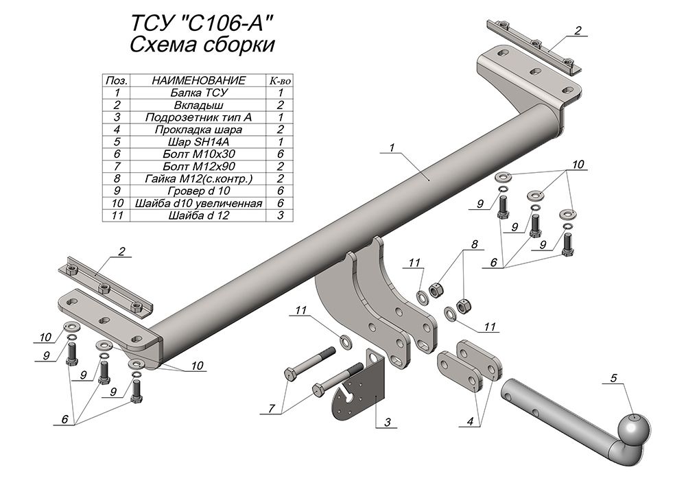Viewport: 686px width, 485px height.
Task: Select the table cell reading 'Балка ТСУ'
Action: (199, 93)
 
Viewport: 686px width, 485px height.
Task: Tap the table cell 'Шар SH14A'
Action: (199, 142)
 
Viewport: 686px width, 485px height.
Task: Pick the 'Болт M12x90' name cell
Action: (199, 166)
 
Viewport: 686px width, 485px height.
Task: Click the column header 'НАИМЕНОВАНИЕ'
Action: (199, 80)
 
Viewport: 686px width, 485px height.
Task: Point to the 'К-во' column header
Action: (280, 80)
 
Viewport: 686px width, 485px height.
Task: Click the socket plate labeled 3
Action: (359, 387)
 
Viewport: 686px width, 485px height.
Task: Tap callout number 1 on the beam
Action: (392, 147)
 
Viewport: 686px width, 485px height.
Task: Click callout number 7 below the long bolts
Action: (272, 408)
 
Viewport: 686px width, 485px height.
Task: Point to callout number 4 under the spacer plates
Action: (471, 422)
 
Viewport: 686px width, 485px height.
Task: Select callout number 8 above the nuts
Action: (475, 244)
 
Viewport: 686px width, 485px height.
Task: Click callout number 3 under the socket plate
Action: (388, 422)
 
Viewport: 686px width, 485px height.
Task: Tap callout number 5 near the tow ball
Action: (614, 377)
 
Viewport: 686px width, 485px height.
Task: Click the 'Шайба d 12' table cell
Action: (199, 215)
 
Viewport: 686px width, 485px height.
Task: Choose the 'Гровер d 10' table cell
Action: (199, 191)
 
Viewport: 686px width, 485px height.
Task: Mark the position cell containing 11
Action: (117, 215)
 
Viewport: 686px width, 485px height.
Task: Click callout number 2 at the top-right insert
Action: (578, 31)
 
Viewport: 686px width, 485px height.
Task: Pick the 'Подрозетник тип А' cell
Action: (199, 117)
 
